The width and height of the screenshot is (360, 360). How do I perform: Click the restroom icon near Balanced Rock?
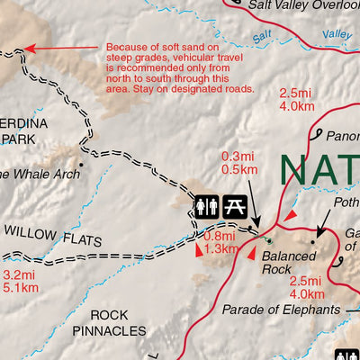(x=206, y=206)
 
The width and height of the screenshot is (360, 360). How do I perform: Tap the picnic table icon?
(x=235, y=206)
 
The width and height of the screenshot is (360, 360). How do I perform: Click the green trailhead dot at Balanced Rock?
(x=267, y=240)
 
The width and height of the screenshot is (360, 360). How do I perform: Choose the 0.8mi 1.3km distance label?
(x=221, y=243)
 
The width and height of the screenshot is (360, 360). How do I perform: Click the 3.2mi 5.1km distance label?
(x=20, y=281)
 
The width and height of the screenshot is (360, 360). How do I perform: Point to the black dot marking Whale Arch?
(x=80, y=165)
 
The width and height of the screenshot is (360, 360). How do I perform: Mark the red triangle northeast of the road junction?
(x=289, y=215)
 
